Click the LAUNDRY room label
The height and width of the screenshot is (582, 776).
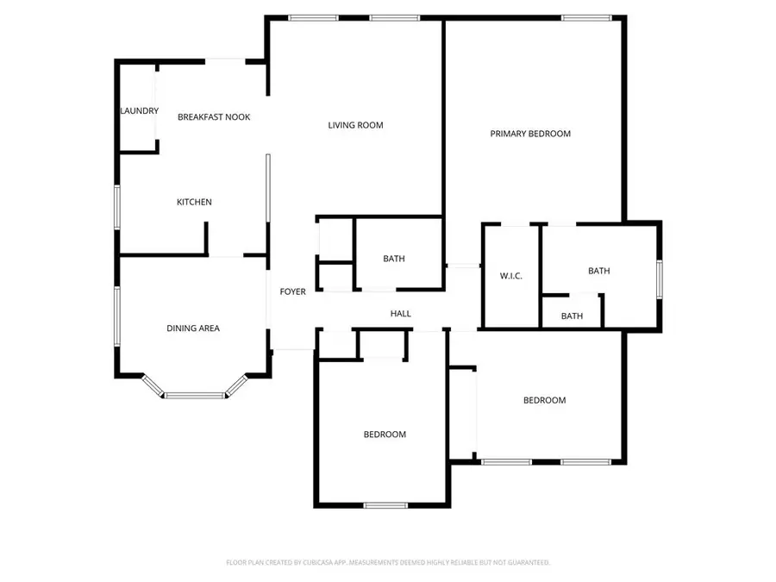click(x=139, y=111)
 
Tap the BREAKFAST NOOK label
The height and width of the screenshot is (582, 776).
click(x=214, y=116)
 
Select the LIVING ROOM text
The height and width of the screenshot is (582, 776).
click(x=355, y=125)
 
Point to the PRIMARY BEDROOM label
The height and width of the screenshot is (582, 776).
click(x=530, y=134)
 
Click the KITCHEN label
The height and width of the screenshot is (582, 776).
click(x=194, y=202)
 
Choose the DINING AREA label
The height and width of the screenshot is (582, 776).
click(x=193, y=328)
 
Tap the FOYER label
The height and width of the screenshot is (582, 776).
click(x=293, y=291)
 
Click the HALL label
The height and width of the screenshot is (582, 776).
click(x=401, y=313)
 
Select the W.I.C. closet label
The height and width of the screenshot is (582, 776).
click(x=511, y=276)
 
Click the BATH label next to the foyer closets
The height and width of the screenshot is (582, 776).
click(x=394, y=259)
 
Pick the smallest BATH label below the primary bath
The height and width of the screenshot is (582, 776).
click(x=572, y=316)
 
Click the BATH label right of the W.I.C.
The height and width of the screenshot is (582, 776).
click(x=599, y=271)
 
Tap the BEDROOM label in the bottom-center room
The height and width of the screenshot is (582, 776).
click(x=385, y=435)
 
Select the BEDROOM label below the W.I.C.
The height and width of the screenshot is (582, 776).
click(x=545, y=400)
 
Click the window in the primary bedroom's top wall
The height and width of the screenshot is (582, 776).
click(x=587, y=17)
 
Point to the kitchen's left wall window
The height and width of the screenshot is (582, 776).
click(x=118, y=207)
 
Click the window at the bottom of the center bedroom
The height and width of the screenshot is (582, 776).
click(x=385, y=505)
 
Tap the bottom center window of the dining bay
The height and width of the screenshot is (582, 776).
click(x=195, y=396)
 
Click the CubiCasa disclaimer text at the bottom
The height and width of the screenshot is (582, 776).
click(x=388, y=562)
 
